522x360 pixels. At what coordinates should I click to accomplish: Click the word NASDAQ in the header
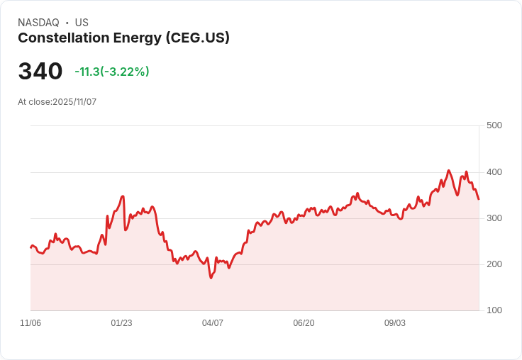click(38, 23)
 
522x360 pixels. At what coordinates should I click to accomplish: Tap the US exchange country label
click(82, 23)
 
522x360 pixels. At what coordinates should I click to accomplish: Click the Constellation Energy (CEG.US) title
click(123, 38)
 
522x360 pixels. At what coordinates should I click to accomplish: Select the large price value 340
click(40, 72)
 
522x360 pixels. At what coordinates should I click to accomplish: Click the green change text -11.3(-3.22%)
click(111, 72)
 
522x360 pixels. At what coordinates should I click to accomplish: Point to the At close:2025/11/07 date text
click(57, 102)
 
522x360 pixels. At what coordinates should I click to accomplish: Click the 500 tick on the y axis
click(494, 125)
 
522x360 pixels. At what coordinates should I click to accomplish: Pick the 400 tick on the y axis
click(494, 172)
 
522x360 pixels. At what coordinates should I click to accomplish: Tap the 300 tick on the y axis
click(494, 218)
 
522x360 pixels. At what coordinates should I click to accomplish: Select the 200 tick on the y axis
click(494, 264)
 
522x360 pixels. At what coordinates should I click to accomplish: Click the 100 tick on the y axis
click(494, 310)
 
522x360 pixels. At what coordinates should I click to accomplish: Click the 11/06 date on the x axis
click(30, 323)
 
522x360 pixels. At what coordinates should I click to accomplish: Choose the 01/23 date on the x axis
click(121, 323)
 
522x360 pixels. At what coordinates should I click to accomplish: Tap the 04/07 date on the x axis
click(213, 323)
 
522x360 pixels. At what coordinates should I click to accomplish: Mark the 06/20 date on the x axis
click(304, 323)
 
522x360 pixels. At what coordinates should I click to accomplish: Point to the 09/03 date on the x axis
click(395, 323)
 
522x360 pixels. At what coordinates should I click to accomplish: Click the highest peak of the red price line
click(448, 170)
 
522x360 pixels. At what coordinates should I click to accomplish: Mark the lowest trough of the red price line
click(211, 278)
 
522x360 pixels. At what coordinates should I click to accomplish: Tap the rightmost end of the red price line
click(479, 199)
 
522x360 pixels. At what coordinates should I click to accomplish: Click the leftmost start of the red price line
click(30, 247)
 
